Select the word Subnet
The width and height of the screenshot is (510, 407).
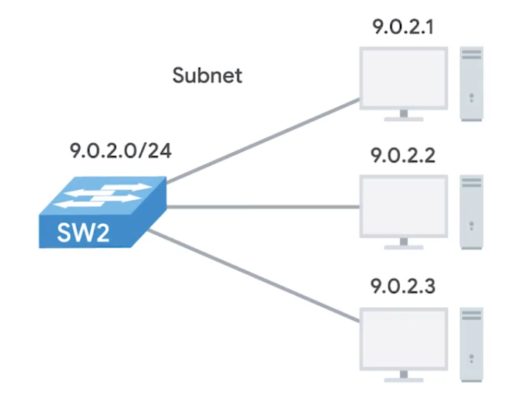pyautogui.click(x=207, y=75)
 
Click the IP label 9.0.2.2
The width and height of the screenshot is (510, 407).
pyautogui.click(x=403, y=157)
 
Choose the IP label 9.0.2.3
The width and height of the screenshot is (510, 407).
pyautogui.click(x=403, y=285)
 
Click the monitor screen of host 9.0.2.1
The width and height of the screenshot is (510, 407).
pyautogui.click(x=403, y=78)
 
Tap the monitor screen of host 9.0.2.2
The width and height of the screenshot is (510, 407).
pyautogui.click(x=403, y=205)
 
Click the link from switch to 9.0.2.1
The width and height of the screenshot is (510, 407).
pyautogui.click(x=259, y=140)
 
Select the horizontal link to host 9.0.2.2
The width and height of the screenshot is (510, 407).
pyautogui.click(x=259, y=207)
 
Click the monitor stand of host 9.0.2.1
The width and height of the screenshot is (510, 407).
pyautogui.click(x=403, y=116)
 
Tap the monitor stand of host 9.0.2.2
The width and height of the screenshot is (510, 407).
pyautogui.click(x=403, y=244)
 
